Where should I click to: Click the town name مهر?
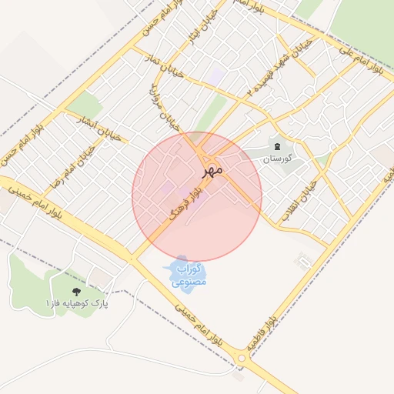[213, 168]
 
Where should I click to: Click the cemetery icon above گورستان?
[277, 146]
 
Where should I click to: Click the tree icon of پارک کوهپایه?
[75, 291]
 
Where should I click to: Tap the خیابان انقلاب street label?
[299, 202]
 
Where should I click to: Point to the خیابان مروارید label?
[164, 108]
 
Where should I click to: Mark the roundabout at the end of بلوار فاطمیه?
[243, 358]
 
